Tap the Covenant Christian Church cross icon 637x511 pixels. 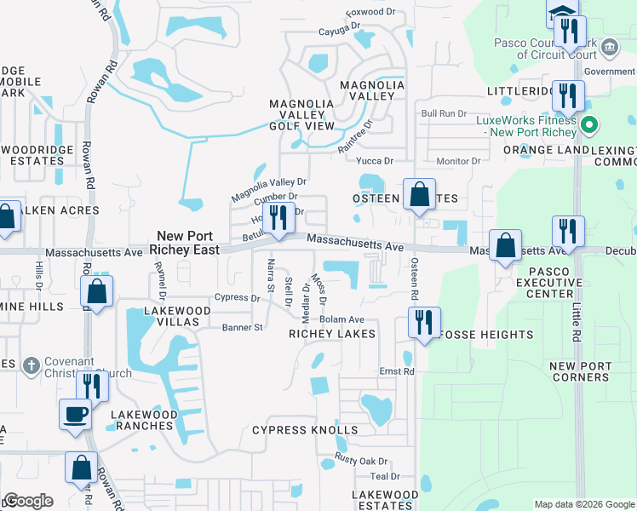(31, 365)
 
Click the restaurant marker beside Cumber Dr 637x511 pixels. (277, 219)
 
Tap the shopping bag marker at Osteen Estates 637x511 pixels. (419, 194)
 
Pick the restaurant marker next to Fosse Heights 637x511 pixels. (423, 322)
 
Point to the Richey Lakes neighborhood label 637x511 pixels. (331, 334)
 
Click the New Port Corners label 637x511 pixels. (581, 371)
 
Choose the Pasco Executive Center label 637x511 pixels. (550, 282)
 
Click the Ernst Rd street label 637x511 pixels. (396, 371)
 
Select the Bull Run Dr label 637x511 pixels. (445, 112)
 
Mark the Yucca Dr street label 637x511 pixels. (375, 160)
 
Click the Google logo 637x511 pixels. (29, 501)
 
